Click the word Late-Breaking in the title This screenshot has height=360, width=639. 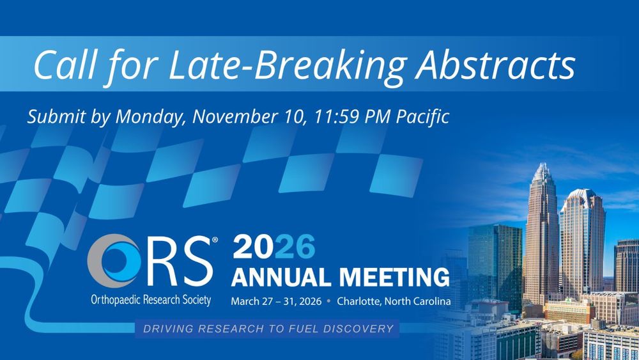click(x=288, y=65)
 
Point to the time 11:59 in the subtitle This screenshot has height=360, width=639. click(x=336, y=116)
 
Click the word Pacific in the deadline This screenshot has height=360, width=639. click(x=422, y=116)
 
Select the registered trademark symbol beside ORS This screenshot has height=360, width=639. click(x=215, y=240)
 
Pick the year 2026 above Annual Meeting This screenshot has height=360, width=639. click(x=274, y=247)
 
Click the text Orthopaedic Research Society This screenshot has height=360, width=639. click(x=151, y=300)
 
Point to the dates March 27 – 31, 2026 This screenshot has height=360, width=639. click(x=276, y=302)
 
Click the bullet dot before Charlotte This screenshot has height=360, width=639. click(x=329, y=302)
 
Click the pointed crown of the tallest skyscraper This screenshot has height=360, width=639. click(x=543, y=171)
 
